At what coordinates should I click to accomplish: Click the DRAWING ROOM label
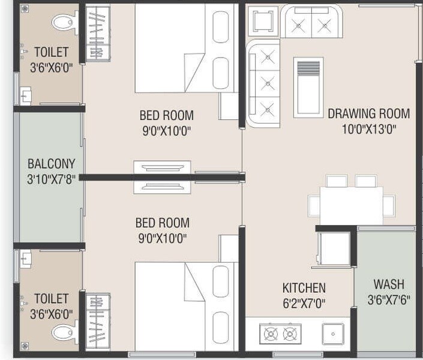(x=368, y=113)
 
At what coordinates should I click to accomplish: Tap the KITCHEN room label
(x=304, y=288)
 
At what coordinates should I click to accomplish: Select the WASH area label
(x=388, y=284)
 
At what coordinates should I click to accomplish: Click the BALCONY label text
(x=51, y=163)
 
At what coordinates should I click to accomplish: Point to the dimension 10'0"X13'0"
(x=368, y=128)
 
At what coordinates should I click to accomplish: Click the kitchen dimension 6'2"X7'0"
(x=304, y=304)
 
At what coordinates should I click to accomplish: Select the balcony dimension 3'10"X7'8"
(x=51, y=179)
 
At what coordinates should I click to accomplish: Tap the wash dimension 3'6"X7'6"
(x=388, y=299)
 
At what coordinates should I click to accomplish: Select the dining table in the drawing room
(x=351, y=203)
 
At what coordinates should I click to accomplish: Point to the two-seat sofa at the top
(x=312, y=22)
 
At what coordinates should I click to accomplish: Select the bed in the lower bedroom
(x=180, y=305)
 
